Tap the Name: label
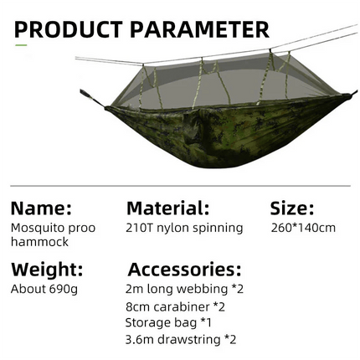41,208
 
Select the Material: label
167,208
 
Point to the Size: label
292,208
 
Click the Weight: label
47,270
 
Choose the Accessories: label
184,270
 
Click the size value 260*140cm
303,228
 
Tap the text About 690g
44,289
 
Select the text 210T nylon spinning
184,228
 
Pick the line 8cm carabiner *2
175,306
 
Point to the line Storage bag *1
169,322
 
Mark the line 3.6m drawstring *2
181,339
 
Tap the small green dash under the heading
21,44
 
